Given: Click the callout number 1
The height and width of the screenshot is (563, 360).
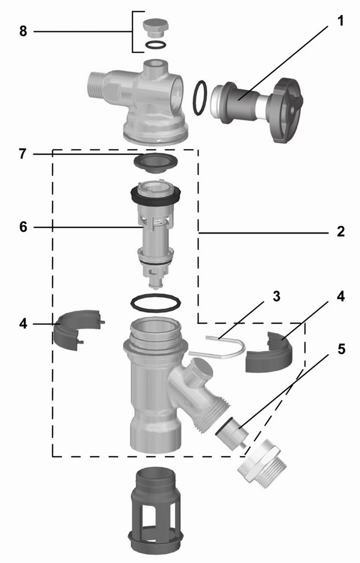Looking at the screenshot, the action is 340,21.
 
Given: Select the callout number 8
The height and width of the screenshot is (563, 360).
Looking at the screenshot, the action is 23,32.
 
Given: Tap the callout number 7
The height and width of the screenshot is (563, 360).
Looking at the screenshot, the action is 23,154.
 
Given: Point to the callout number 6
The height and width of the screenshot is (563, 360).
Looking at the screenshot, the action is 23,227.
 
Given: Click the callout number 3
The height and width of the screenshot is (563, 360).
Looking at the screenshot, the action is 276,297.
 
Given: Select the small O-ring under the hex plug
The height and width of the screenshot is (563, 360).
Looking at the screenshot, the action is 155,45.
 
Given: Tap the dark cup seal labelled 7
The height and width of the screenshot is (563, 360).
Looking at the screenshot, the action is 156,162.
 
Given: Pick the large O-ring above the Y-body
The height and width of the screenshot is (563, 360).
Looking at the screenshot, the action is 155,303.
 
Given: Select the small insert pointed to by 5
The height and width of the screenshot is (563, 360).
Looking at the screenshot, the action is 231,432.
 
